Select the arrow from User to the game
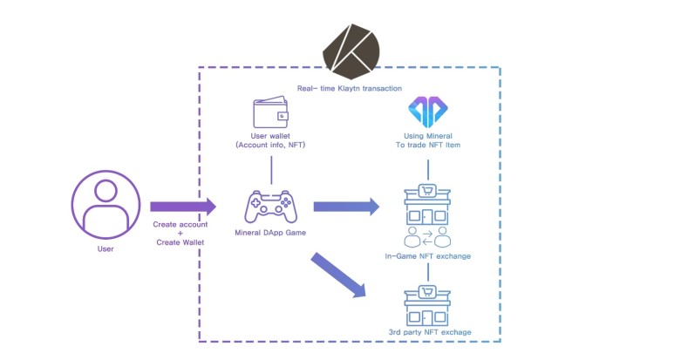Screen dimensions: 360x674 (x=182, y=207)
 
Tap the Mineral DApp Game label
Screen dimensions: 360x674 (x=272, y=234)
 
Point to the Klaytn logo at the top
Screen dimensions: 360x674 (x=353, y=48)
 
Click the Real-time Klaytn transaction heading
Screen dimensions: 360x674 (x=349, y=89)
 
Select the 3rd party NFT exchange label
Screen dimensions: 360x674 (x=429, y=332)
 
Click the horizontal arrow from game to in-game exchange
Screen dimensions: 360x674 (x=346, y=207)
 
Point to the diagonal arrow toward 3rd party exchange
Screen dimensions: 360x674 (x=338, y=275)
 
